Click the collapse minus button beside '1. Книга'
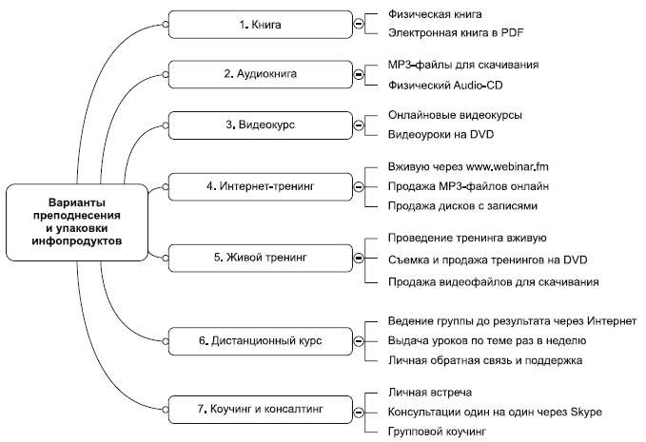[x=358, y=23]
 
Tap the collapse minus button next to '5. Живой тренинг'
[x=358, y=257]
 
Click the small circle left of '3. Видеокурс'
[x=166, y=125]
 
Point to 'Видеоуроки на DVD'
[x=443, y=135]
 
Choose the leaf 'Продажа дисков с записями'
[x=463, y=205]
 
